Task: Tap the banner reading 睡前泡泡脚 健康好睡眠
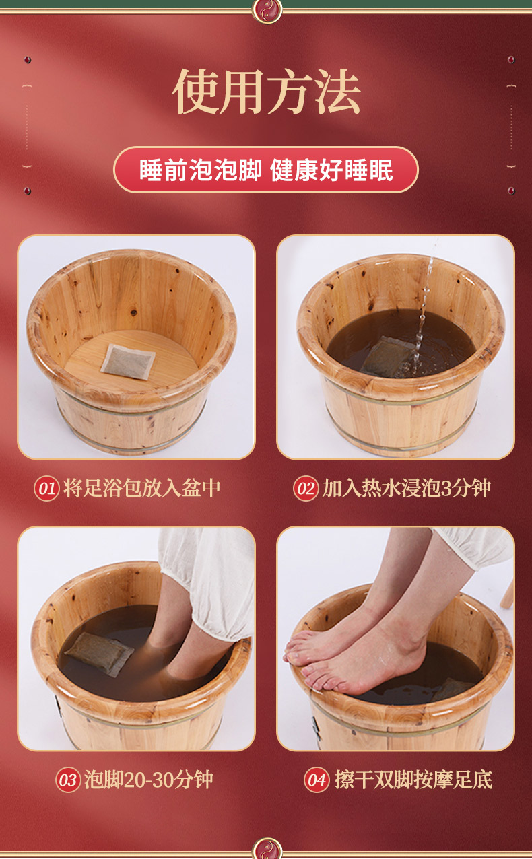tap(266, 170)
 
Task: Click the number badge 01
tap(46, 488)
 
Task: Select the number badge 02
tap(306, 488)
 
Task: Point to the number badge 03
tap(68, 780)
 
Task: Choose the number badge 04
tap(317, 780)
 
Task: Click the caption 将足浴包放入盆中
tap(142, 488)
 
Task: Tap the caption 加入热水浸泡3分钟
tap(406, 488)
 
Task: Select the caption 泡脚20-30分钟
tap(149, 780)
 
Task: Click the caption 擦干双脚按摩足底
tap(413, 780)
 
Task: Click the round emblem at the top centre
tap(266, 9)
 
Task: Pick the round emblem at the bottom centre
tap(266, 849)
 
